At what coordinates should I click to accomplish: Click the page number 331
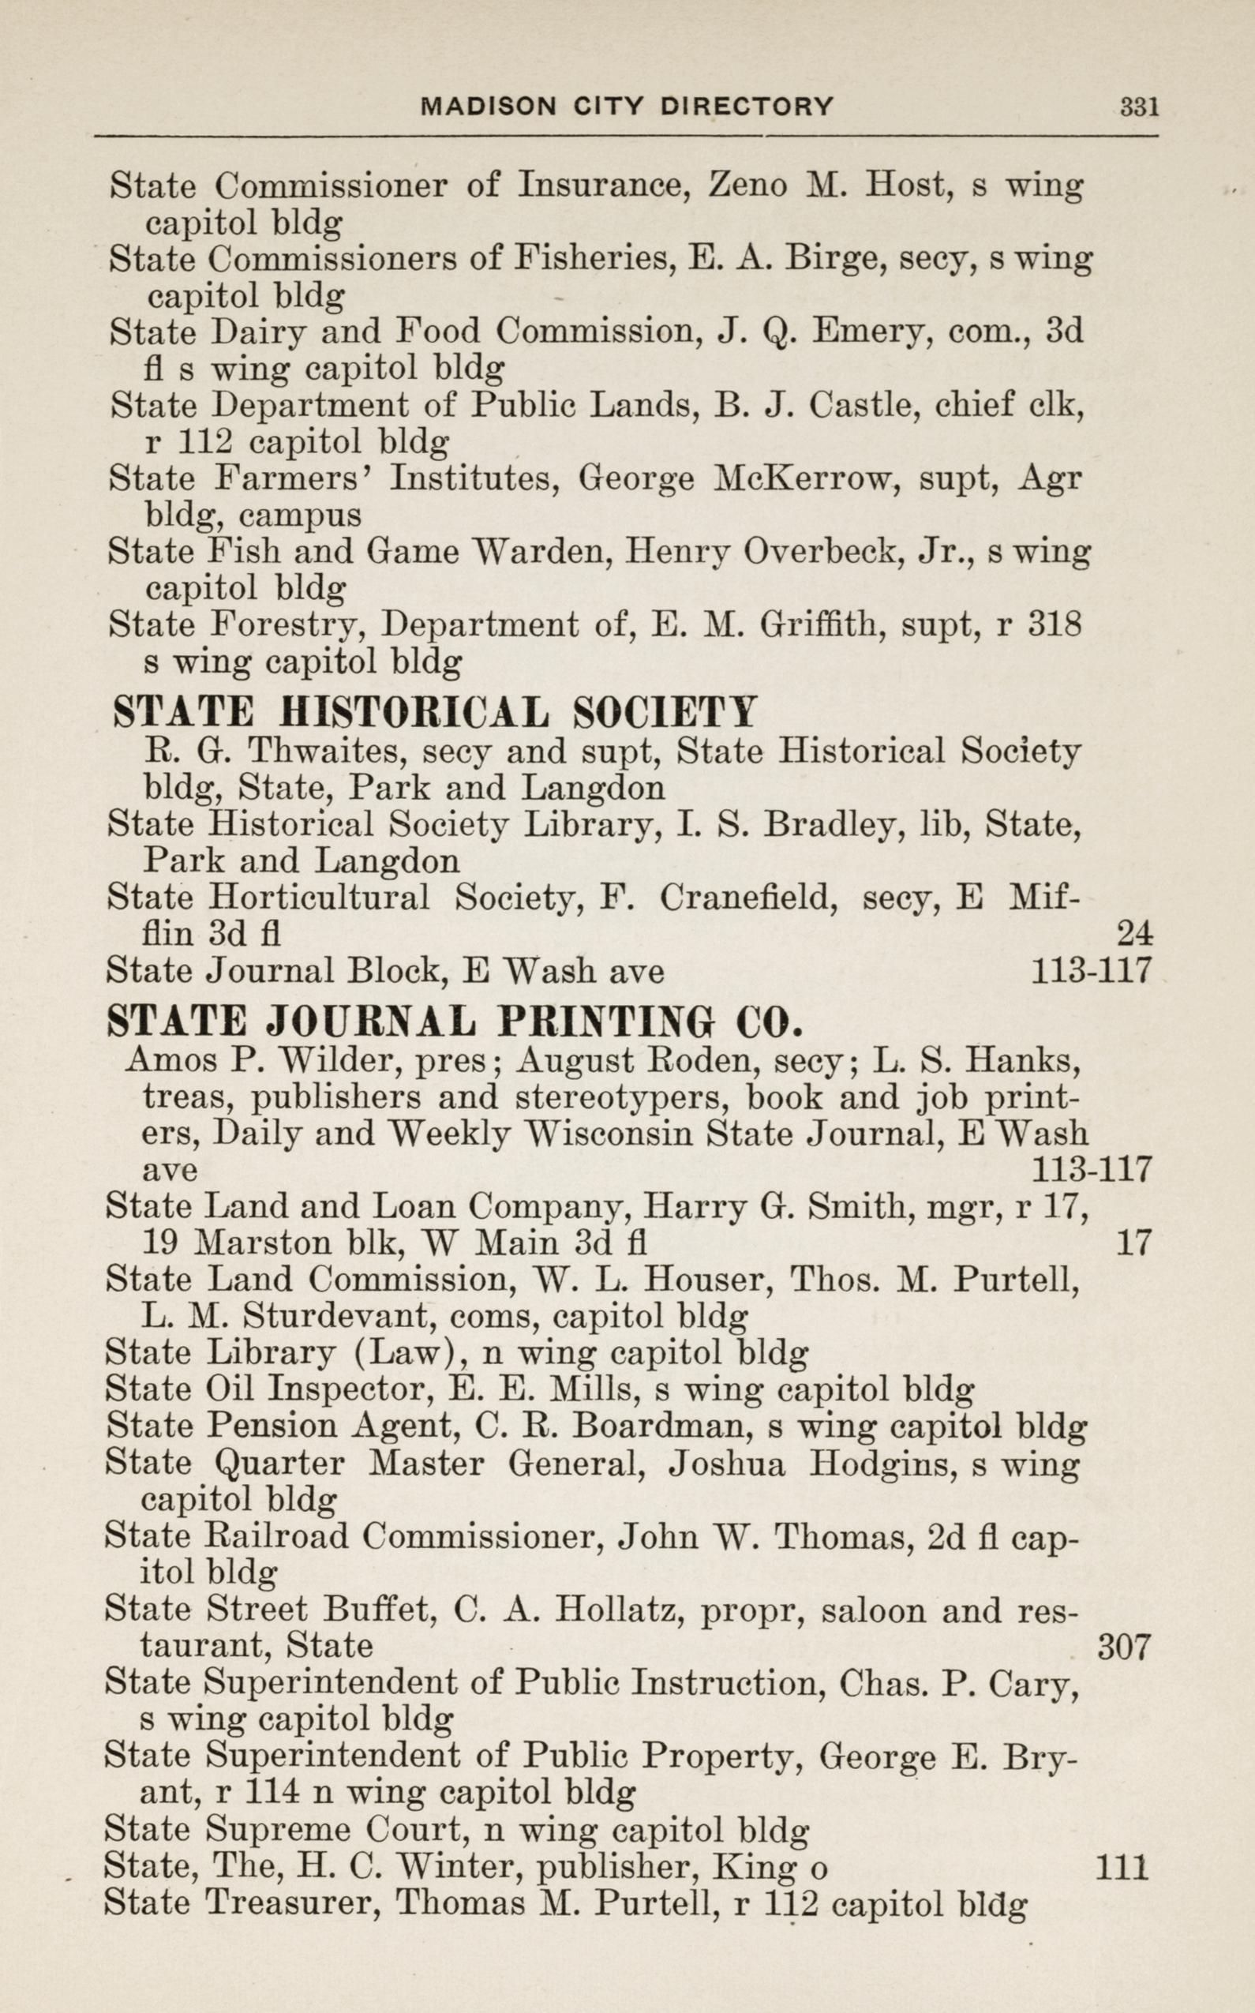[x=1139, y=107]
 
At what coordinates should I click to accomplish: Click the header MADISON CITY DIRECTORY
[x=627, y=107]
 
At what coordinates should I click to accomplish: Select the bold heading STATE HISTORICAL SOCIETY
[x=434, y=712]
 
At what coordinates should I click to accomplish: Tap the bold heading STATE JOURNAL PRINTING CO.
[x=455, y=1021]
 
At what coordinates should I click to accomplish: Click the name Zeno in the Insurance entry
[x=746, y=184]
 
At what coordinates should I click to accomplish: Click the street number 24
[x=1133, y=935]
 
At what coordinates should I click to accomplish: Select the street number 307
[x=1122, y=1646]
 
